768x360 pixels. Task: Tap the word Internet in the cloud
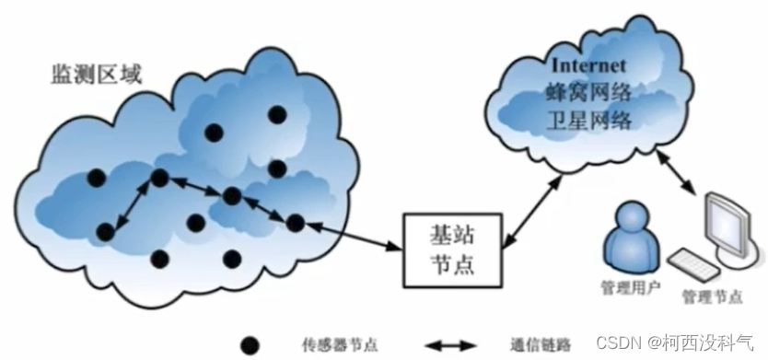(x=588, y=66)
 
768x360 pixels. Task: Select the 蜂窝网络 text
(x=589, y=93)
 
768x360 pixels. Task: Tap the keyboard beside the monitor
(x=694, y=263)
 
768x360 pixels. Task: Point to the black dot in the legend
(x=247, y=345)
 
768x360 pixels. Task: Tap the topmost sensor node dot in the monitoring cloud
(x=277, y=115)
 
